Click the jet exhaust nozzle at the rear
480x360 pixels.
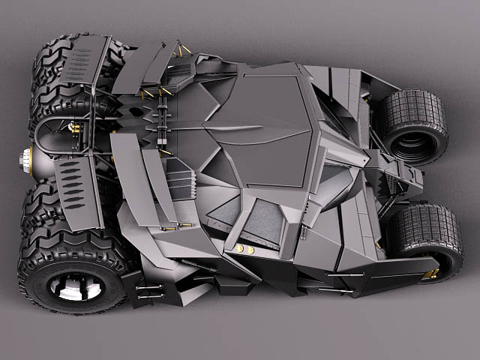pyautogui.click(x=26, y=158)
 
